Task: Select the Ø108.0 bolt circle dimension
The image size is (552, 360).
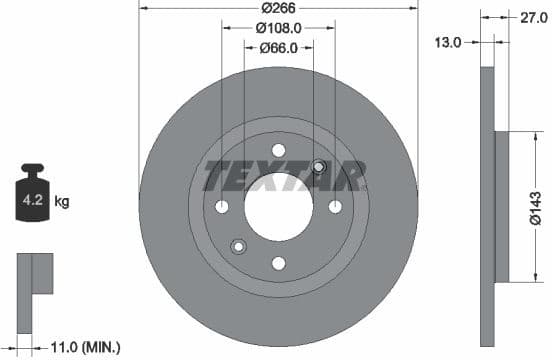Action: (278, 28)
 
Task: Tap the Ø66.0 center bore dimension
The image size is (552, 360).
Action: (279, 47)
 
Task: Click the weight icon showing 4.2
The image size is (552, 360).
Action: (31, 198)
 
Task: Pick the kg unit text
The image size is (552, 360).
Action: (61, 202)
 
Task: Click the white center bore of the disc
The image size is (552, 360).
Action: (278, 206)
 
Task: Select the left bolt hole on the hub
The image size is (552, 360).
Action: (222, 206)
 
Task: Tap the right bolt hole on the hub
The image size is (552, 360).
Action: (335, 206)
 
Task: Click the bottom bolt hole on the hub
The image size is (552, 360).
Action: (279, 263)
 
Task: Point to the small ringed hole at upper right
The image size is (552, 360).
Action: (319, 167)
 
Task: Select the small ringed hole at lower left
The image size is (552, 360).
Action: (238, 246)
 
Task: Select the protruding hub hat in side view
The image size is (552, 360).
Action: (503, 206)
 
